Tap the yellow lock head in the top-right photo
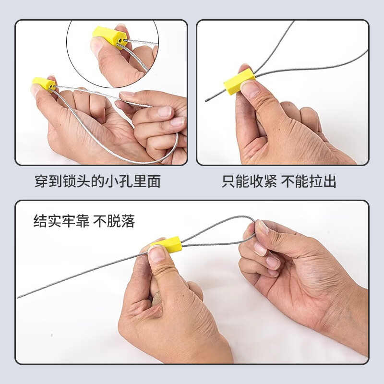[x=239, y=81]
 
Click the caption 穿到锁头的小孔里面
[x=97, y=181]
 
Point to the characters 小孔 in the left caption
[x=122, y=181]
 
